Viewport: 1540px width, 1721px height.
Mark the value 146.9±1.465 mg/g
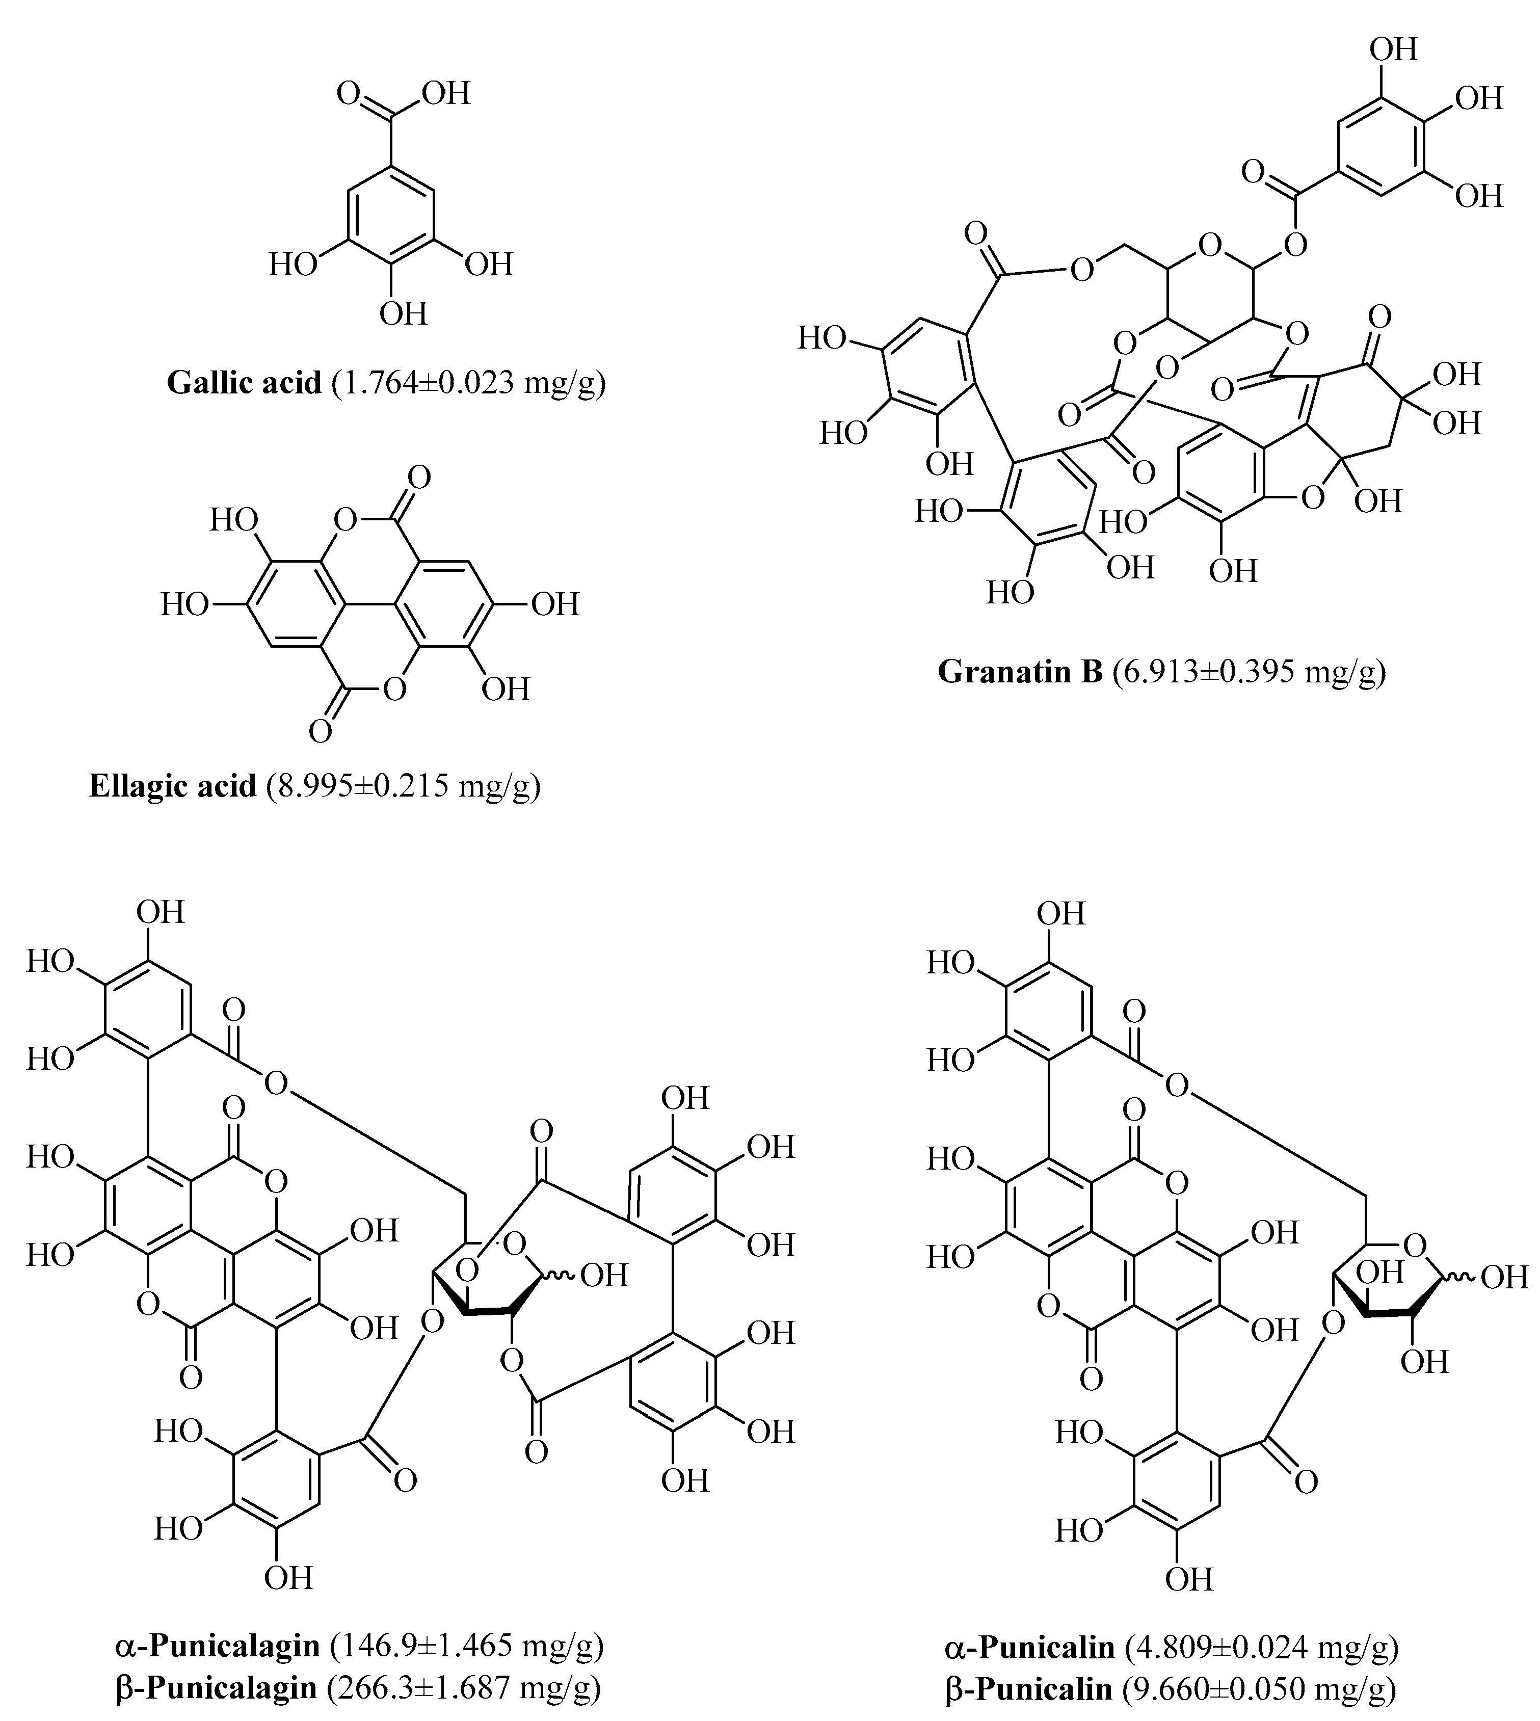coord(467,1645)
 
